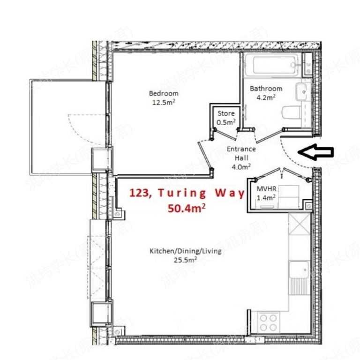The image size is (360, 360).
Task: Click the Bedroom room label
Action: (x=164, y=93)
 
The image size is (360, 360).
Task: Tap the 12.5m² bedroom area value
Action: (x=164, y=101)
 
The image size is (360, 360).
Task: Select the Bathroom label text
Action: (x=266, y=89)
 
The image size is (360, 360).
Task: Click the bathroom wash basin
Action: (x=302, y=89)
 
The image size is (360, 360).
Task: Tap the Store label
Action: (x=225, y=113)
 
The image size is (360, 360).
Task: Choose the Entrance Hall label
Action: (x=241, y=153)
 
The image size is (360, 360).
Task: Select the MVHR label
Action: (x=265, y=188)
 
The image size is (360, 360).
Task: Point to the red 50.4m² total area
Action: (x=186, y=208)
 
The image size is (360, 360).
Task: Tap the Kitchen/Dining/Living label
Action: (x=185, y=251)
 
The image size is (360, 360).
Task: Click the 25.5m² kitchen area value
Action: (x=186, y=259)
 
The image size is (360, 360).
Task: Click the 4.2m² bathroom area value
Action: (x=266, y=97)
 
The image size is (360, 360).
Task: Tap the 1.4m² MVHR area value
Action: (x=265, y=197)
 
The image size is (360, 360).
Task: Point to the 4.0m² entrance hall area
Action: (x=241, y=165)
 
